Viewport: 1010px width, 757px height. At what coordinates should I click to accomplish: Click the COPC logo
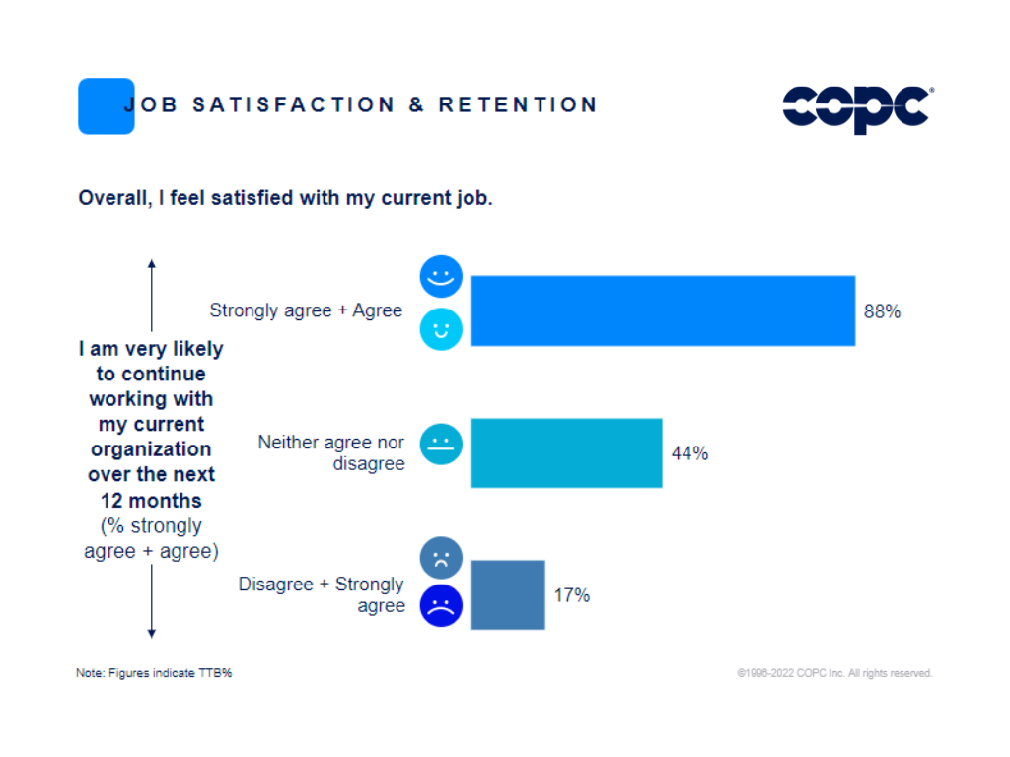[856, 107]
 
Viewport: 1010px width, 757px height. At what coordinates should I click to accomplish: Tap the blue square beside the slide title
[106, 106]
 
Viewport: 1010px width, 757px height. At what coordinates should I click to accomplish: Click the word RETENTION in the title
[518, 104]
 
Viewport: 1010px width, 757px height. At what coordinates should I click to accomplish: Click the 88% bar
[663, 310]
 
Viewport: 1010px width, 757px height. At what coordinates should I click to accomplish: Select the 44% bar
[566, 453]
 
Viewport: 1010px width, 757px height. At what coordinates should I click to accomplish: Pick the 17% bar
[508, 594]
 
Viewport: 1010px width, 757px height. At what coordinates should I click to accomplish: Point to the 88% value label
[882, 311]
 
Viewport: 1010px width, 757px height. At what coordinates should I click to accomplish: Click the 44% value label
[689, 453]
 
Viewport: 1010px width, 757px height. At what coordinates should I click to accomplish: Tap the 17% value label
[571, 595]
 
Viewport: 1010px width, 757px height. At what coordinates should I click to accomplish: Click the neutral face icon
[441, 444]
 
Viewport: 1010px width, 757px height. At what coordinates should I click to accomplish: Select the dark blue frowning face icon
[441, 605]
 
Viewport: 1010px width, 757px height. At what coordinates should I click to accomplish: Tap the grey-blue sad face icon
[441, 558]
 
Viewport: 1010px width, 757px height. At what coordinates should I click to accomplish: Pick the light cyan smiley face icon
[441, 329]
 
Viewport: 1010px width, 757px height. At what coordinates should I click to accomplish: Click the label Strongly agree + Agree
[306, 310]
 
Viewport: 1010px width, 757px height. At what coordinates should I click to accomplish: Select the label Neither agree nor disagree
[331, 452]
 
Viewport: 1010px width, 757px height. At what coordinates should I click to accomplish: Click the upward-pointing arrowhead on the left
[151, 264]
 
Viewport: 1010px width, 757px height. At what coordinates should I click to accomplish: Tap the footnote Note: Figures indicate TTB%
[154, 673]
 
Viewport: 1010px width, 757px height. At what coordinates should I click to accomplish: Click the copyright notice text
[833, 673]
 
